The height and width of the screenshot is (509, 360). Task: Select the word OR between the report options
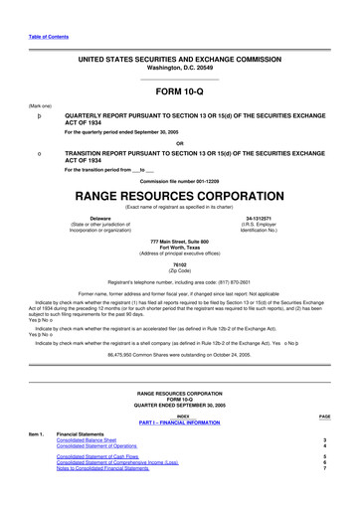coord(179,142)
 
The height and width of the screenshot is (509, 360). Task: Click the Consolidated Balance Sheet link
coord(87,467)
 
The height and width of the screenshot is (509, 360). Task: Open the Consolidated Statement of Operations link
coord(96,473)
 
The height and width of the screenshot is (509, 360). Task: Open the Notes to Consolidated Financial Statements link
coord(102,495)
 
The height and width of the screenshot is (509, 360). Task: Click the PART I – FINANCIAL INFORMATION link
coord(180,450)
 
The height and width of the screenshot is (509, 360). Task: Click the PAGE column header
coord(324,444)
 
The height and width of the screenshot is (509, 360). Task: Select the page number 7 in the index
coord(324,495)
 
